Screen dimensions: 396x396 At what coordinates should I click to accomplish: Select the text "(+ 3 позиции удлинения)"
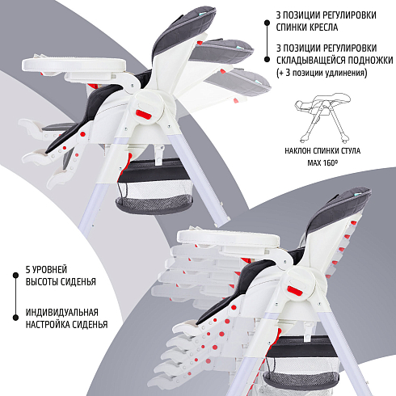tap(322, 73)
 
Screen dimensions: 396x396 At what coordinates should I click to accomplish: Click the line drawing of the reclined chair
tap(322, 117)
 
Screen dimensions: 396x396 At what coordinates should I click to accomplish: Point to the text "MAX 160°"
tap(322, 162)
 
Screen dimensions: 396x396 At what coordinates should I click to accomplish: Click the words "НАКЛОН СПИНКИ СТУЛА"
tap(322, 150)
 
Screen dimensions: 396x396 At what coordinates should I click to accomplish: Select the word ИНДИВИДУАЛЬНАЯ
tap(62, 313)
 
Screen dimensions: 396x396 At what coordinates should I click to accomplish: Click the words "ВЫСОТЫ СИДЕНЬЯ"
tap(61, 282)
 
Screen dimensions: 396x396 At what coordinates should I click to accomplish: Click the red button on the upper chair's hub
tap(143, 115)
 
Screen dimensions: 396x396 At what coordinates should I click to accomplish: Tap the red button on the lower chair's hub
tap(296, 291)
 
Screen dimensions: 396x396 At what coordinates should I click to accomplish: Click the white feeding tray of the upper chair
tap(74, 64)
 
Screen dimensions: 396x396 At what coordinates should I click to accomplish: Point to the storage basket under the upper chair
tap(154, 186)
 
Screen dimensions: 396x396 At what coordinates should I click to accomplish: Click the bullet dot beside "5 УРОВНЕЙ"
tap(15, 275)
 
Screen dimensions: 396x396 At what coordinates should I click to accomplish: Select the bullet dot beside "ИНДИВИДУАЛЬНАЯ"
tap(15, 318)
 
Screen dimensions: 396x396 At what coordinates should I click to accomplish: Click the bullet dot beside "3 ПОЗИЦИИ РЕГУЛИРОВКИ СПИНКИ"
tap(267, 23)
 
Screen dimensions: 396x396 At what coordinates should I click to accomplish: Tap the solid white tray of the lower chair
tap(228, 238)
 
